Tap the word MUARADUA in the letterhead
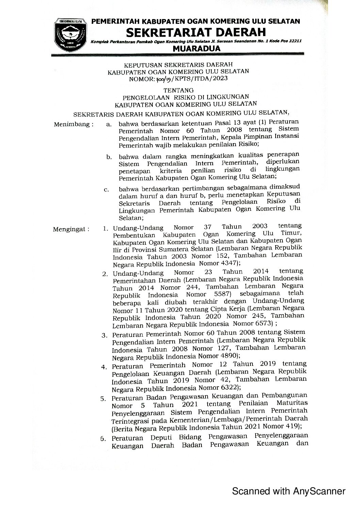197,49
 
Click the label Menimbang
73,124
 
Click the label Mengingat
71,229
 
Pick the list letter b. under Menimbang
109,157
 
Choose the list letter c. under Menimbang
107,189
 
